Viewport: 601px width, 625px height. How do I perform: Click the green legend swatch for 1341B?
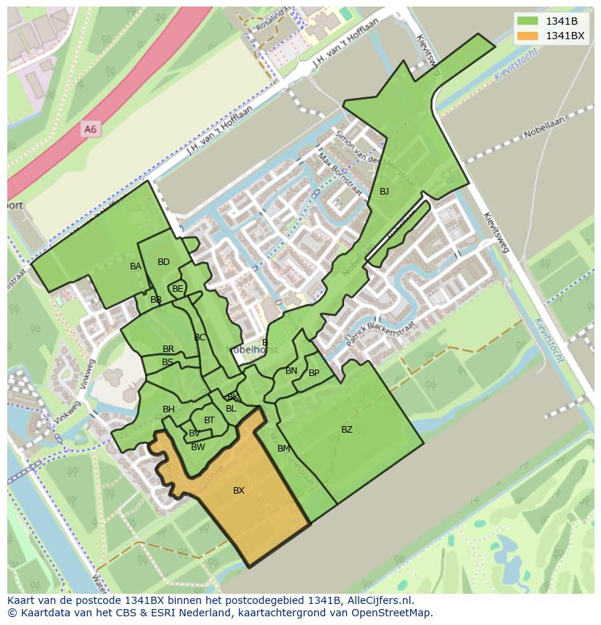(528, 21)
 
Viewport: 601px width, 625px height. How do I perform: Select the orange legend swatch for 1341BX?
(528, 36)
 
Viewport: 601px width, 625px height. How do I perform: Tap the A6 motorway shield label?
(90, 129)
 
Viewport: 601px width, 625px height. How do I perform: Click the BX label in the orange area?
(239, 491)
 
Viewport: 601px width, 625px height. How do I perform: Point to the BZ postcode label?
(347, 430)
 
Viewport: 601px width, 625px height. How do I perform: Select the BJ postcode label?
(384, 192)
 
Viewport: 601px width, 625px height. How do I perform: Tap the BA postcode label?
(136, 266)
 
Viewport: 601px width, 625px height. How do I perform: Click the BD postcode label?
(163, 262)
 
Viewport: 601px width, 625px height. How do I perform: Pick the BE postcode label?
(178, 289)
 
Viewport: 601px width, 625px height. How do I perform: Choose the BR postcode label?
(168, 349)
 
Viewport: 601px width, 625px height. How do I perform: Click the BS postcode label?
(168, 362)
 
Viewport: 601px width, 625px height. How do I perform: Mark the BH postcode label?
(168, 409)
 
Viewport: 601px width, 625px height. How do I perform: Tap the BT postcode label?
(209, 420)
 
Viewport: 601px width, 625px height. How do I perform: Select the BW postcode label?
(198, 447)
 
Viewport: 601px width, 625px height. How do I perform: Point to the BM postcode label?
(284, 449)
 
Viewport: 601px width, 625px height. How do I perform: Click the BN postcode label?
(291, 371)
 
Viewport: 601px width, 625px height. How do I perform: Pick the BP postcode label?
(314, 373)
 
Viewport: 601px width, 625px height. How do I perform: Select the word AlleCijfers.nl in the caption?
(378, 600)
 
